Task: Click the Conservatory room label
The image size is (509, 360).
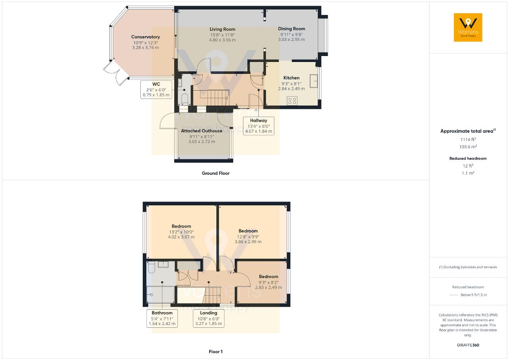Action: [146, 37]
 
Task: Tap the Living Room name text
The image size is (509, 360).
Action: [222, 29]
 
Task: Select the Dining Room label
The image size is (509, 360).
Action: [291, 29]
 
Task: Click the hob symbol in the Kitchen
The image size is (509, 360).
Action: [292, 101]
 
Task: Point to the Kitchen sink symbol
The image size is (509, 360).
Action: [314, 81]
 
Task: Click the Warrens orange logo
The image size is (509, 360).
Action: [468, 27]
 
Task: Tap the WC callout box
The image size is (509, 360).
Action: [156, 89]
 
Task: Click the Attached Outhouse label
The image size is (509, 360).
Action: [202, 131]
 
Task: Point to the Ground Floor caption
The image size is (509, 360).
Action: [216, 173]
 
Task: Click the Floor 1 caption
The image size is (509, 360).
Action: [216, 352]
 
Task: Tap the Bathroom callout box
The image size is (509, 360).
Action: [162, 318]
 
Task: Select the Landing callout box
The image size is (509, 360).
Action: [209, 318]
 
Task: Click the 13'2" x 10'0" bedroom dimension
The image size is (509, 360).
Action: [181, 232]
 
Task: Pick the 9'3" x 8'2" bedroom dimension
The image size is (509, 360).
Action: [268, 283]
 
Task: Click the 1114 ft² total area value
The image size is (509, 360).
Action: [468, 139]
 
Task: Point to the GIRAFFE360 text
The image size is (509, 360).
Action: [468, 345]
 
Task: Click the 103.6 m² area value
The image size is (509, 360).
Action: [468, 147]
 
